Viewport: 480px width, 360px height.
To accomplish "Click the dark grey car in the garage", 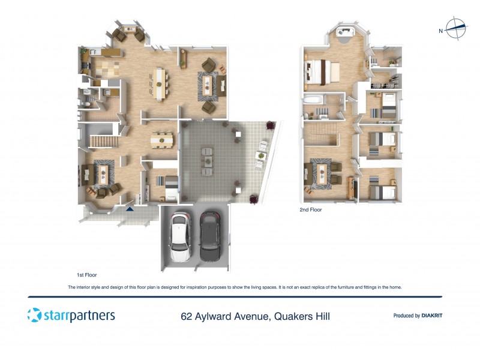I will (210, 236).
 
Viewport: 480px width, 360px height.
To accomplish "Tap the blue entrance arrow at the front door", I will (130, 209).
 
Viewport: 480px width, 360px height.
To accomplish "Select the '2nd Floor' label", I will (311, 210).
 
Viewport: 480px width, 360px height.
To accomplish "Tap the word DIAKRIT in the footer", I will (432, 316).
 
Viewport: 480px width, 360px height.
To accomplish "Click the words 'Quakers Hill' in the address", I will (301, 316).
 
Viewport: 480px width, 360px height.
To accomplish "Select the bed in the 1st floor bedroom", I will (167, 182).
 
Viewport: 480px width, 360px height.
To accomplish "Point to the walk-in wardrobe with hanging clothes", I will (388, 79).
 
